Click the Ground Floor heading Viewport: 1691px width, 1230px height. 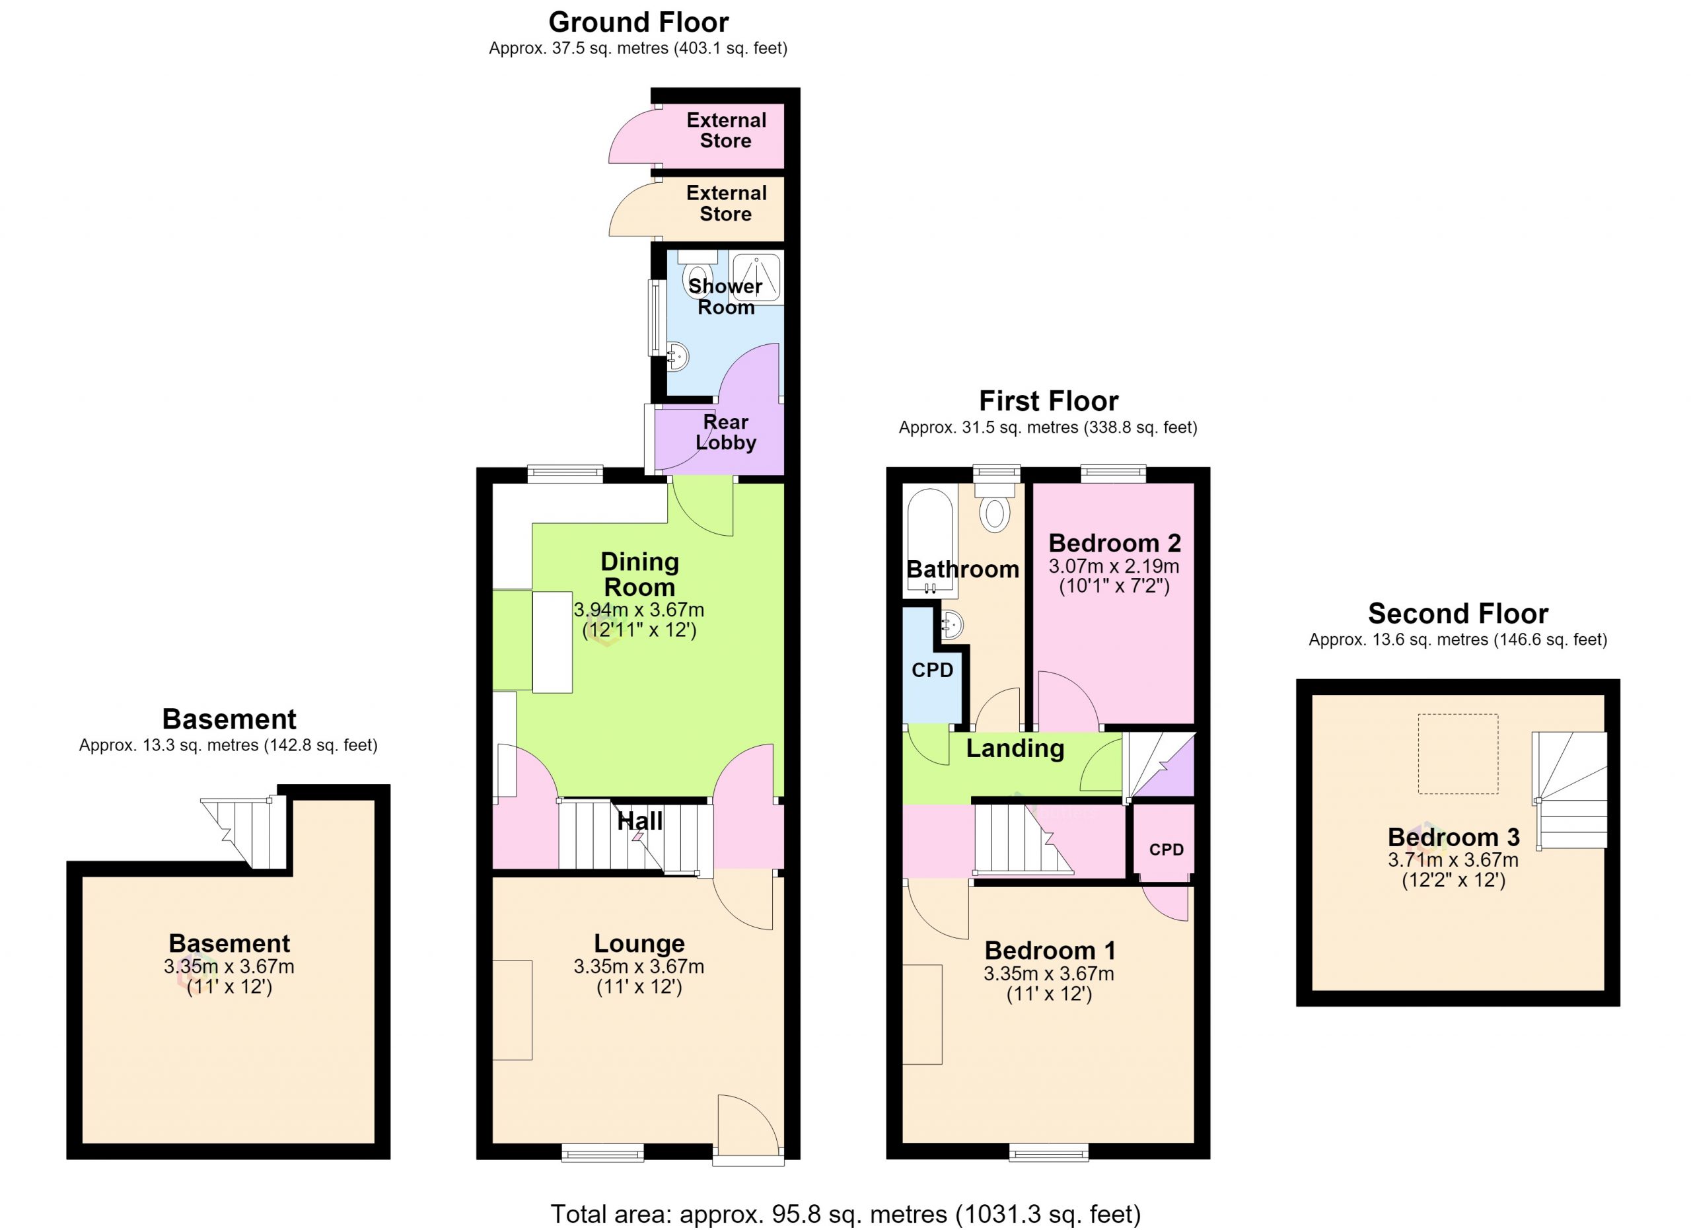[638, 23]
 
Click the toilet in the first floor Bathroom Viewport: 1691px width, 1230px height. [995, 506]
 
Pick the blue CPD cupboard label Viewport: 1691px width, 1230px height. [932, 670]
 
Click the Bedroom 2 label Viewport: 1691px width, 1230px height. [1114, 543]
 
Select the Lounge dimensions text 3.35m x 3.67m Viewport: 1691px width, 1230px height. [639, 967]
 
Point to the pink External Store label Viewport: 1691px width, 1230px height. [726, 130]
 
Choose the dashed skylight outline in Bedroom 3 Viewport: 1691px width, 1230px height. [1457, 754]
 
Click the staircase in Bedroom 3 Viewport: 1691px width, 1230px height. [1569, 790]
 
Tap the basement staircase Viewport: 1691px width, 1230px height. [244, 833]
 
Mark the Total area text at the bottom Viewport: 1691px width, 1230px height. [845, 1214]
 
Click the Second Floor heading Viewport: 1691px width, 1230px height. [1458, 614]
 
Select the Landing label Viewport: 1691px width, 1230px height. [1015, 748]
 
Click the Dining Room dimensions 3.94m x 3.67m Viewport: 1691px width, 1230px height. [639, 610]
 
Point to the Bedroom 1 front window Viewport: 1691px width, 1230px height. [1048, 1152]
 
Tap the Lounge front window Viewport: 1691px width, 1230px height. [602, 1153]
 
